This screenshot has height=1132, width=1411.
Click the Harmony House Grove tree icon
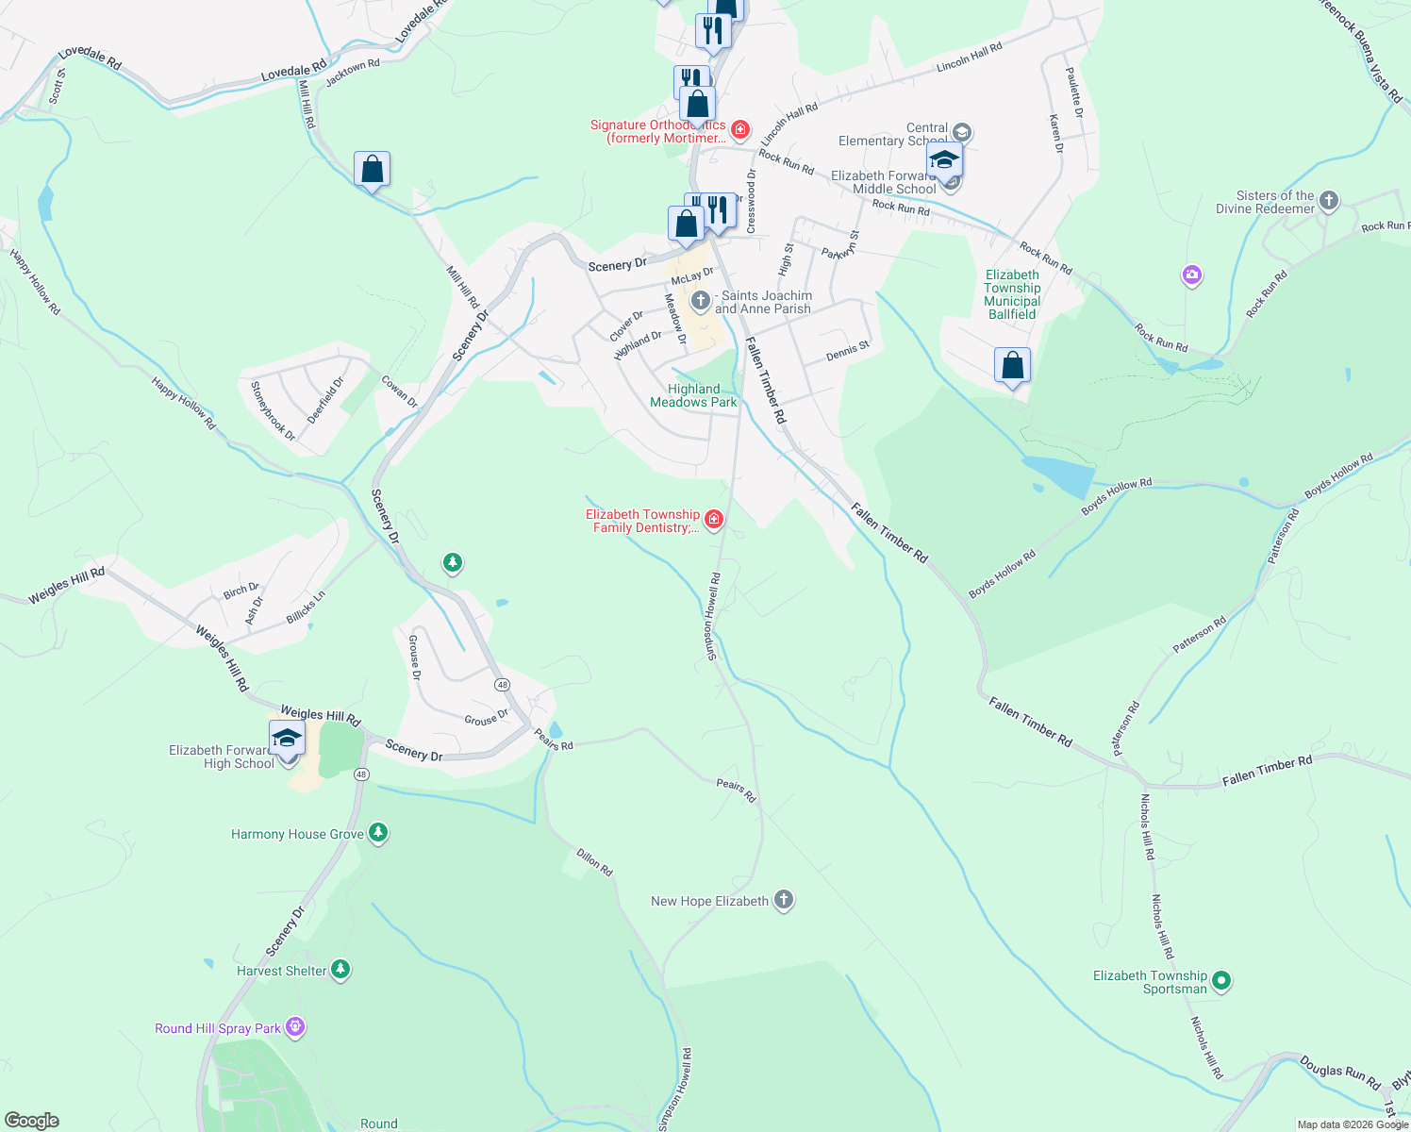378,833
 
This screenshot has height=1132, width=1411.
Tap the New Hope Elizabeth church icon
784,900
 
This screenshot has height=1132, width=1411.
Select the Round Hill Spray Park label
218,1028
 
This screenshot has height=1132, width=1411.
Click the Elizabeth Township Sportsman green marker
1221,981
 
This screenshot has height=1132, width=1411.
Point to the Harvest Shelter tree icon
340,970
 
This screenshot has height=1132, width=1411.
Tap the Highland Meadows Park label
693,395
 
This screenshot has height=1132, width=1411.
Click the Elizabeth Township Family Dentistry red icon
714,519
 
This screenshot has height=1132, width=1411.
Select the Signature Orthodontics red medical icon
740,128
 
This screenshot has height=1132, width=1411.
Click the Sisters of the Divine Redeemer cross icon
1329,200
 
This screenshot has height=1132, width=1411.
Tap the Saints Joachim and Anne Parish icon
700,301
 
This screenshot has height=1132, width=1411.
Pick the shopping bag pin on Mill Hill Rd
373,170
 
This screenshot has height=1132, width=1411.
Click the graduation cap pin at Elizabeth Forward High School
287,739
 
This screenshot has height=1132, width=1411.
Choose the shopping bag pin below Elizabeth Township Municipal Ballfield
1012,365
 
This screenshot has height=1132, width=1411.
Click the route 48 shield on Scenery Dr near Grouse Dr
502,685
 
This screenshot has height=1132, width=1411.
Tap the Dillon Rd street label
594,861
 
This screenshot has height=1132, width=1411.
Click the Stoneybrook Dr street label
273,410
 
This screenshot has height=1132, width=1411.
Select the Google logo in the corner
32,1121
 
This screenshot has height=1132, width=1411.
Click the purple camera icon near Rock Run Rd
1192,275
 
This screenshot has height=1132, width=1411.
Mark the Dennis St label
847,352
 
